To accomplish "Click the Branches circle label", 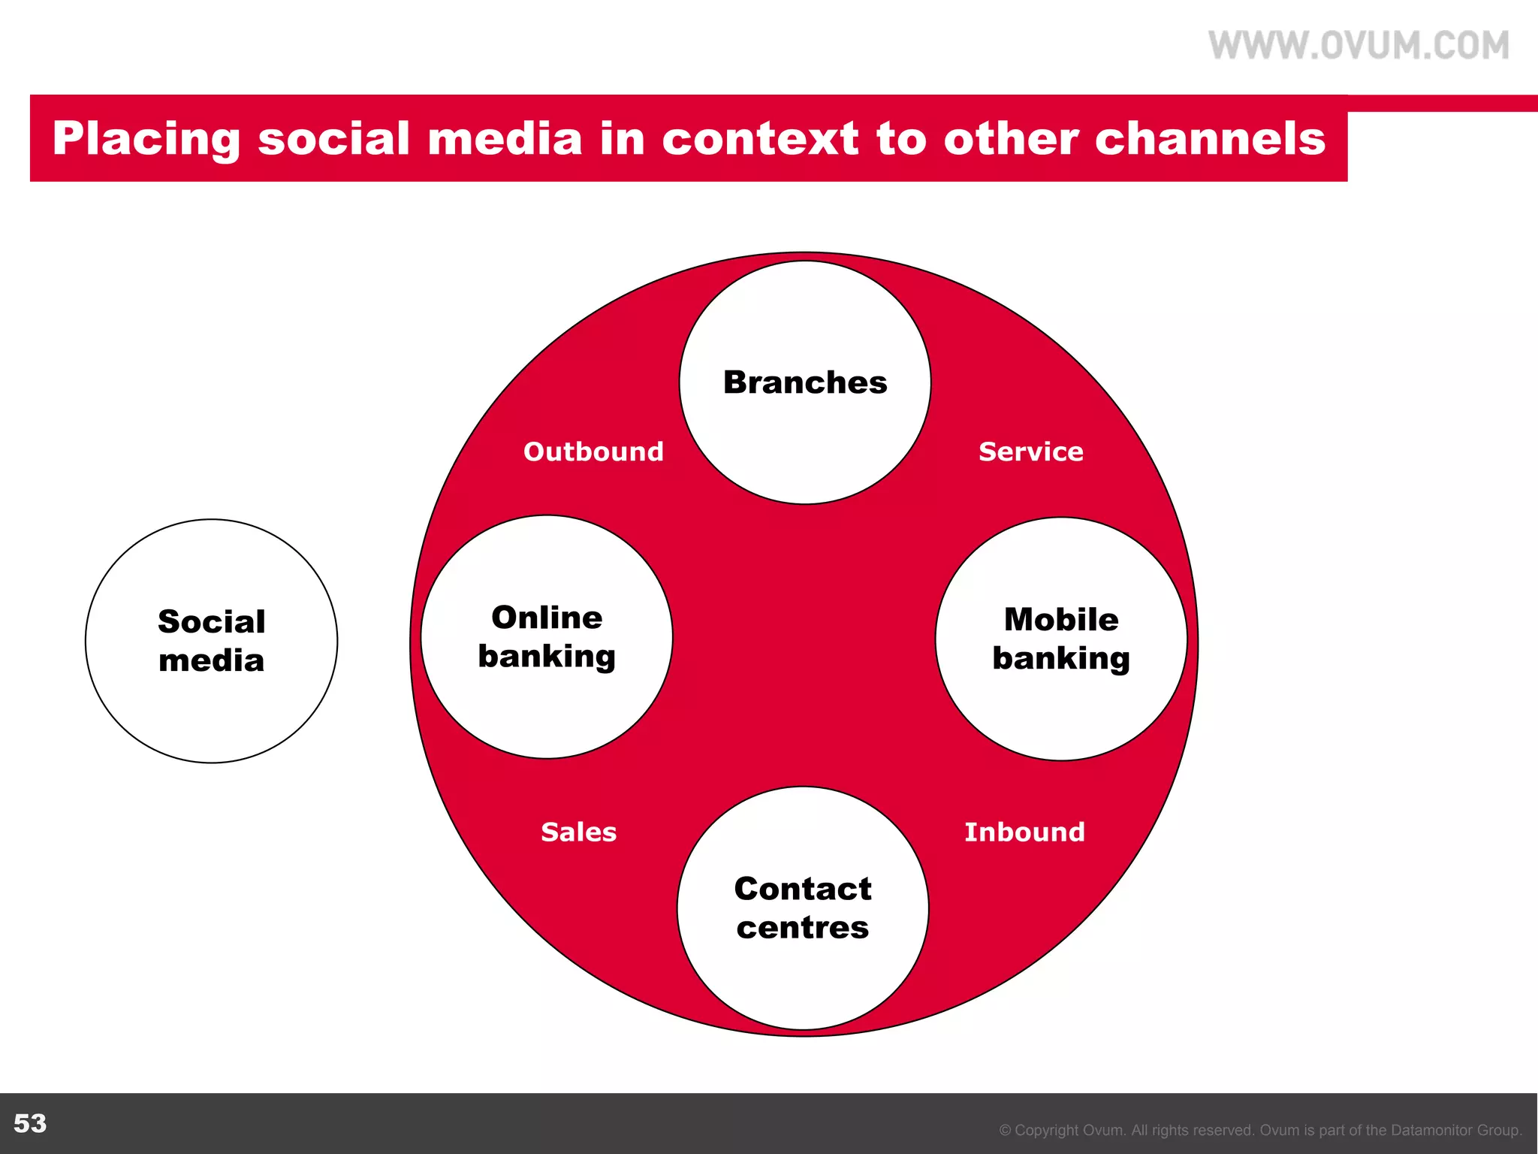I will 805,382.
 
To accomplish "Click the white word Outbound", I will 593,452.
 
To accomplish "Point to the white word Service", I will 1030,452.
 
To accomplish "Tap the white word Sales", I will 578,832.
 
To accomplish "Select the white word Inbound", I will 1024,832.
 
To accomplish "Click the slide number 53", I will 30,1123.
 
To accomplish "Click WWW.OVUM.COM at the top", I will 1359,45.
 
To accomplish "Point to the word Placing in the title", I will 146,139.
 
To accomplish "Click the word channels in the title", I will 1210,139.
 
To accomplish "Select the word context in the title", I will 760,139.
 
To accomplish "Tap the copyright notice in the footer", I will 1260,1130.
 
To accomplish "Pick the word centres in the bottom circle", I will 802,928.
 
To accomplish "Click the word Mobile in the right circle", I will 1061,620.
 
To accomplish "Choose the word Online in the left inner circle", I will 547,618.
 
